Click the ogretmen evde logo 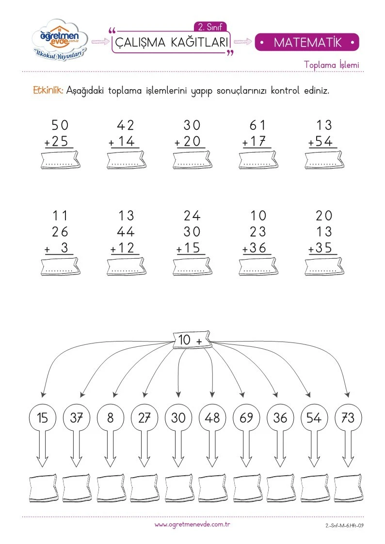(x=60, y=40)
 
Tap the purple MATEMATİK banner (x=307, y=42)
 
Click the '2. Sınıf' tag (x=210, y=27)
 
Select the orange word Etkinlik (x=48, y=91)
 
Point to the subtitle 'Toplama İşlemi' (x=332, y=64)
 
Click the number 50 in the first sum (x=60, y=125)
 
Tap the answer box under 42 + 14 (x=127, y=160)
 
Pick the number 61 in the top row (x=257, y=125)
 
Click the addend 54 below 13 (x=324, y=141)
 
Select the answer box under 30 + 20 (x=192, y=160)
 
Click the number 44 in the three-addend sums (x=126, y=232)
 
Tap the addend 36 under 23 (x=257, y=248)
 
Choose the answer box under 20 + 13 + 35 (x=324, y=266)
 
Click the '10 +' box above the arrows (x=192, y=340)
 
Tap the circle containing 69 (x=246, y=418)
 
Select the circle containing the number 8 (x=110, y=418)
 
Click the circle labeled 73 (x=348, y=418)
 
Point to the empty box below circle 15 (x=43, y=488)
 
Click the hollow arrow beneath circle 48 (x=212, y=448)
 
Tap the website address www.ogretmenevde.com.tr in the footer (x=192, y=525)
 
